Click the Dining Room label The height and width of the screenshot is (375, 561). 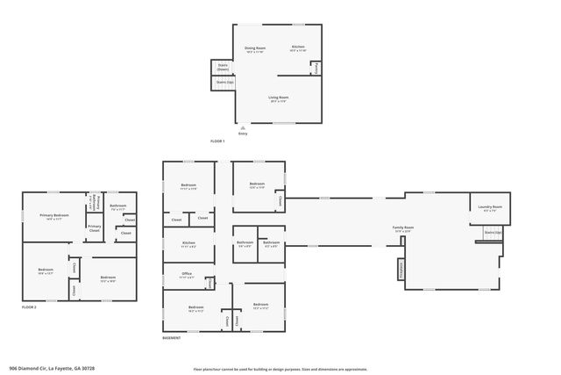click(255, 49)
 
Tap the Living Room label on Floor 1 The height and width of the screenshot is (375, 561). click(278, 99)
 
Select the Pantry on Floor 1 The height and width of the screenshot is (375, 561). click(316, 67)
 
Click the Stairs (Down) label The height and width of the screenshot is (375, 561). click(223, 67)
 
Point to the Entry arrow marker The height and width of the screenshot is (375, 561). click(243, 128)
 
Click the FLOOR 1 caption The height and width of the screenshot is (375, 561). click(217, 141)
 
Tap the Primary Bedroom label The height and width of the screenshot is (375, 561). click(54, 217)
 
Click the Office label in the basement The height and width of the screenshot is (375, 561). click(187, 276)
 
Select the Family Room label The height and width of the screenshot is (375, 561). click(402, 229)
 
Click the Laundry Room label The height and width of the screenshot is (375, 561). click(490, 209)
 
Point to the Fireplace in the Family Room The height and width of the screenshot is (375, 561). click(401, 269)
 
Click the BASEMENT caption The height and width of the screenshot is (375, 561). click(172, 338)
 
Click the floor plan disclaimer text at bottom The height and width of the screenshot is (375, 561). click(280, 368)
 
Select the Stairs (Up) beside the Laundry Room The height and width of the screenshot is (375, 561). click(494, 234)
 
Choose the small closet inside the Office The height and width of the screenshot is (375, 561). click(209, 283)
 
